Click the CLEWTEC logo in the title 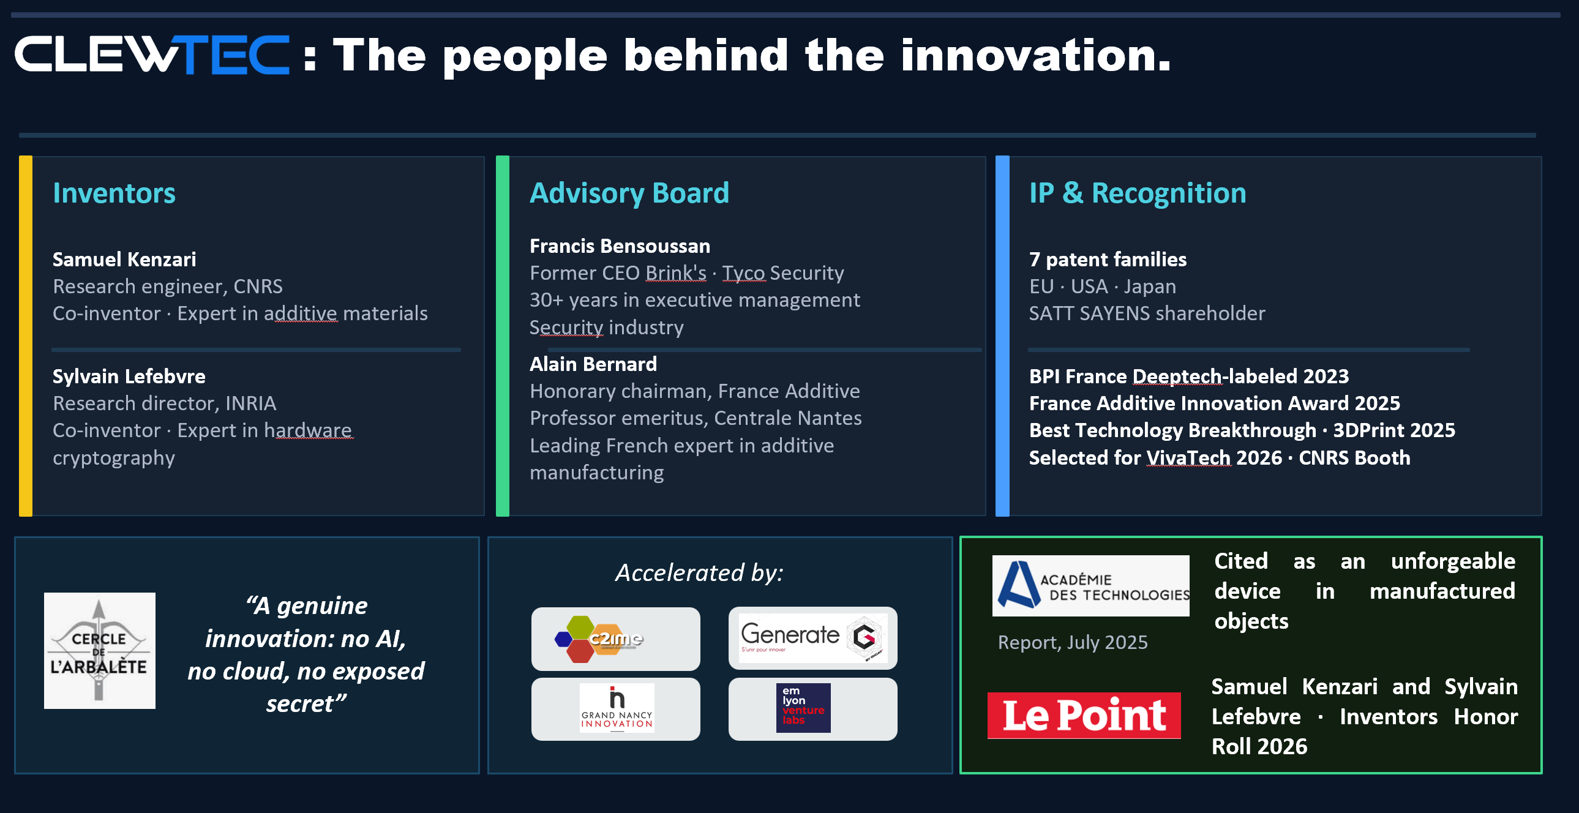[x=151, y=55]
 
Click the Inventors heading [x=114, y=193]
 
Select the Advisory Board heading [x=629, y=193]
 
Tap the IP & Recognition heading [x=1138, y=193]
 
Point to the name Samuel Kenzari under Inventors [x=124, y=260]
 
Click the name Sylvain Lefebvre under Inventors [x=129, y=376]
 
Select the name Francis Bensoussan [x=620, y=246]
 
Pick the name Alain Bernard [x=593, y=364]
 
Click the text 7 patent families [x=1108, y=260]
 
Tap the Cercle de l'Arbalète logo [x=100, y=651]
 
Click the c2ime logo [x=598, y=639]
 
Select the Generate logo [x=813, y=638]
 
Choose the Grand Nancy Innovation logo [x=617, y=708]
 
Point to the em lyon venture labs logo [x=803, y=708]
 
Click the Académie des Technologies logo [x=1090, y=585]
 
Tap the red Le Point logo [x=1084, y=716]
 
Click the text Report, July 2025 [x=1073, y=642]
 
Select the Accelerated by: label [x=699, y=572]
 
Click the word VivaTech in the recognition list [x=1188, y=457]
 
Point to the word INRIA [x=250, y=403]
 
